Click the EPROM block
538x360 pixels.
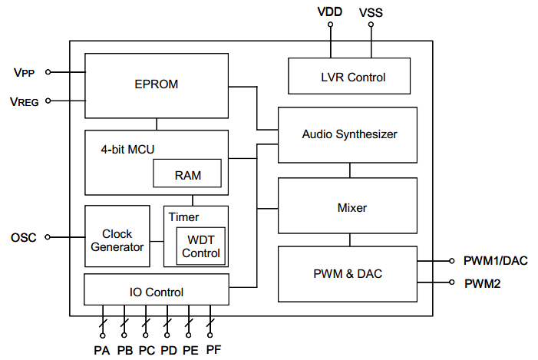click(157, 84)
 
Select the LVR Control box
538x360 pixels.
click(349, 77)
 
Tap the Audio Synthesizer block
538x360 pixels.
click(349, 134)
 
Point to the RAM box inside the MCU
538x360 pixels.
click(187, 174)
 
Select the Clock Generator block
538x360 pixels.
click(117, 239)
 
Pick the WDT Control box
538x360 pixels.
click(200, 246)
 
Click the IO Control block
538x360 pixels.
click(156, 292)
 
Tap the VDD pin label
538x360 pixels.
click(331, 12)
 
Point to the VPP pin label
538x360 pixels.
click(25, 73)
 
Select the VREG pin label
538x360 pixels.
click(25, 101)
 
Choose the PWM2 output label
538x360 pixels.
click(483, 283)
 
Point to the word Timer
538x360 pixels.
click(183, 216)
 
